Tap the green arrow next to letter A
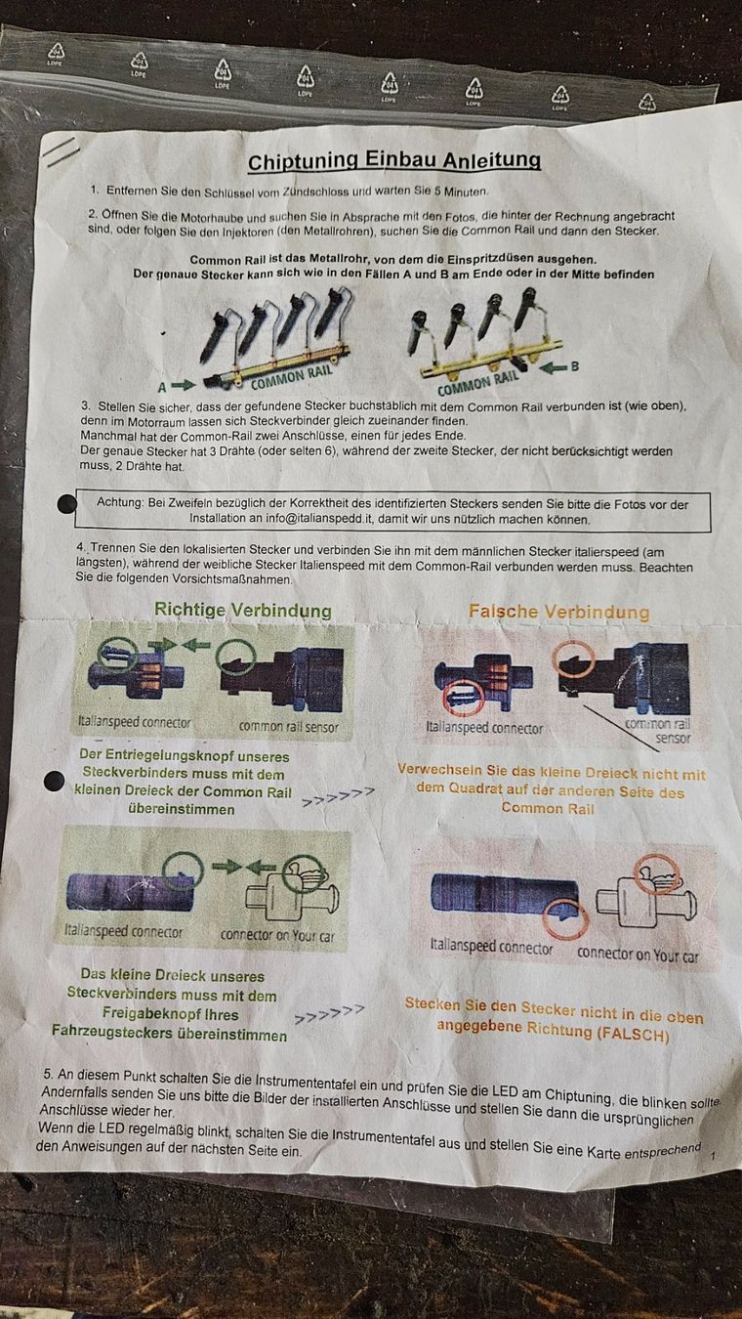pos(183,386)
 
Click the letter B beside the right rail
pos(574,366)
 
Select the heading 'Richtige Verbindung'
pos(242,610)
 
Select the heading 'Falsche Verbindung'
pos(559,612)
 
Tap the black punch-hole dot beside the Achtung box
pos(67,504)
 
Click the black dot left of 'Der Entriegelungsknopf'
pos(54,781)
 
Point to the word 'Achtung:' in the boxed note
pos(120,503)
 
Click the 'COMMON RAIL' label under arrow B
pos(477,383)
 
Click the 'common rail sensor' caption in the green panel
pos(288,727)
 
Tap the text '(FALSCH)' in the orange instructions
pos(633,1035)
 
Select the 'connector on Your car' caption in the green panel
pos(277,935)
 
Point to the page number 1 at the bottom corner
pos(713,1156)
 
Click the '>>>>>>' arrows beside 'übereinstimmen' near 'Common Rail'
pos(338,796)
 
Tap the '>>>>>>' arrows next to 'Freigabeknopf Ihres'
pos(329,1014)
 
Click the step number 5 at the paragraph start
pos(47,1074)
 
